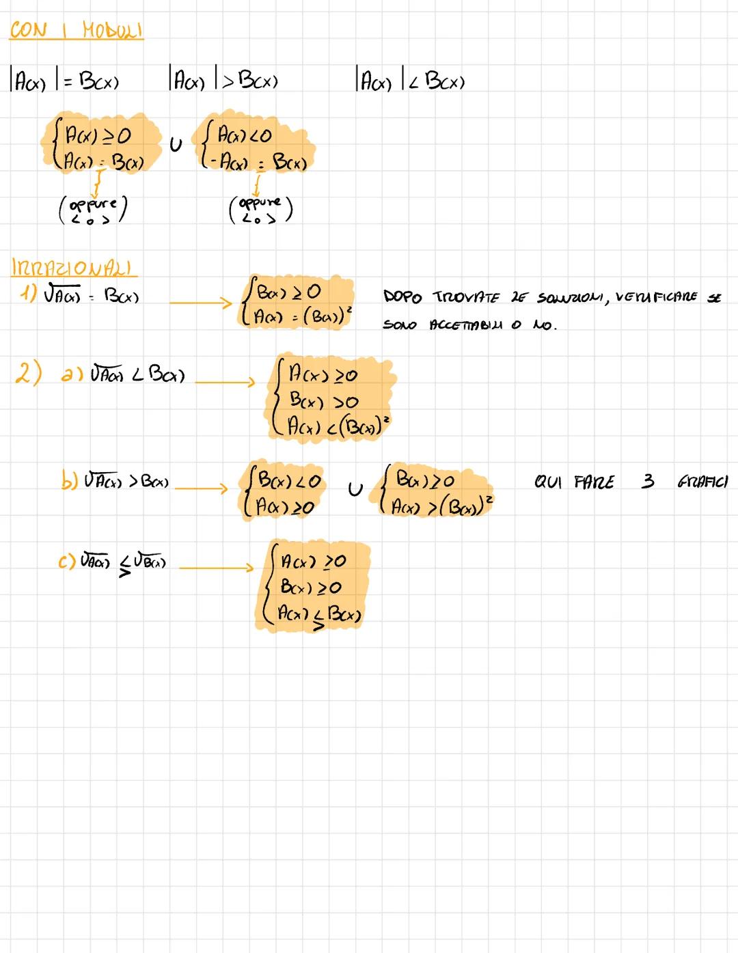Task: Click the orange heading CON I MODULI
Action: (76, 31)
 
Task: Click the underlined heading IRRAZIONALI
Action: (73, 267)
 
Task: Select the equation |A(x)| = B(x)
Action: (65, 82)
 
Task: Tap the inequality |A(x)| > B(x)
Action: (223, 81)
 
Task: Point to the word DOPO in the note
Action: (403, 297)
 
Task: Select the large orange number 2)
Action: (29, 373)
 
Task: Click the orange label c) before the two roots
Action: (67, 563)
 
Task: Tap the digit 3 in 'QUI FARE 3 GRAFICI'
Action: (647, 482)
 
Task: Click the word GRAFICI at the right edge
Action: (702, 482)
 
